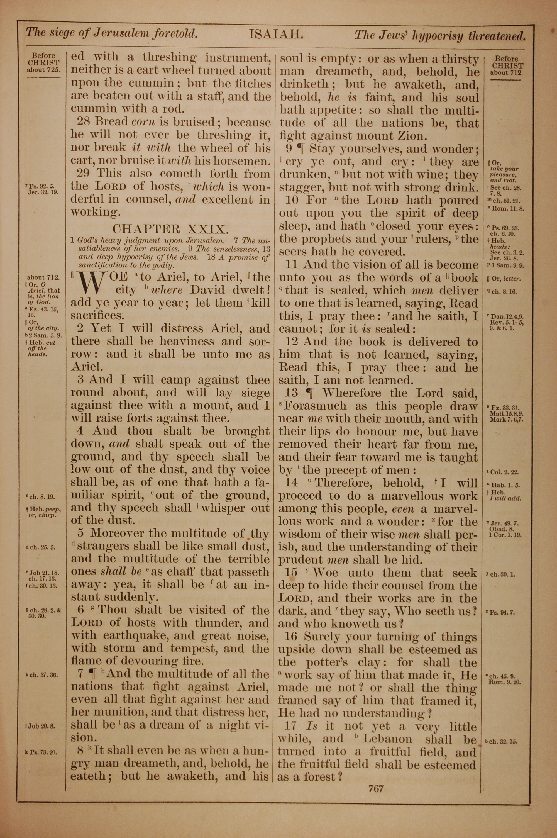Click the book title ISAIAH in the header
pyautogui.click(x=275, y=35)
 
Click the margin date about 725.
pyautogui.click(x=44, y=70)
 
